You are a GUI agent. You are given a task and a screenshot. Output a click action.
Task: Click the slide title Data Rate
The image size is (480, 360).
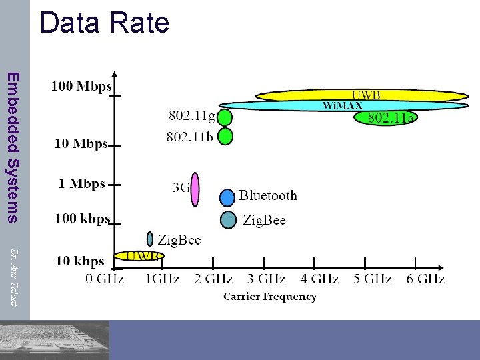pos(105,22)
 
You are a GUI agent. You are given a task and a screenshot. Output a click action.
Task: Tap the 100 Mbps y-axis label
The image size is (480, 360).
pos(81,86)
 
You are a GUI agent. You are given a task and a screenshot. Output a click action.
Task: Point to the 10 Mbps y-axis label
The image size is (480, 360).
pos(81,144)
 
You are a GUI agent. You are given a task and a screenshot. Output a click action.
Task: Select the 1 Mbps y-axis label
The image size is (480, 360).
pos(81,183)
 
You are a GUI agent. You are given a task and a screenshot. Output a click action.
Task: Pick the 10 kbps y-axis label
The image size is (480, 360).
pos(80,261)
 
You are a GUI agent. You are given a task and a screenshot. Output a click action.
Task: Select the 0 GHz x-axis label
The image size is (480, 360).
pos(104,279)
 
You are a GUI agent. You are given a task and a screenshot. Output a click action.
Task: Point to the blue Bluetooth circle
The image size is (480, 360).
pos(228,197)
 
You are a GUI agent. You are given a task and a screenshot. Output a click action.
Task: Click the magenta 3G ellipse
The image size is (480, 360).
pos(195,189)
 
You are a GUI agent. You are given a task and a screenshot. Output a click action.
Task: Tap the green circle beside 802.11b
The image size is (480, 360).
pos(225,137)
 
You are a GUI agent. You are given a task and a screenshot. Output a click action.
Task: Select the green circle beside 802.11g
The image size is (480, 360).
pos(225,117)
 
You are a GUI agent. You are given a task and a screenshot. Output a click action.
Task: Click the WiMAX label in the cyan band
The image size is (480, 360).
pos(343,105)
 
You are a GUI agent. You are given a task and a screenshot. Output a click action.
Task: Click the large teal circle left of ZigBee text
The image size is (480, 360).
pos(228,219)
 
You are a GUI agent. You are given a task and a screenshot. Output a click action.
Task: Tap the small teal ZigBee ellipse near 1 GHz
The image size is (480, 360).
pos(150,239)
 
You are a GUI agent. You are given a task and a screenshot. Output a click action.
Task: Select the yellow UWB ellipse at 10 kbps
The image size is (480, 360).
pos(139,255)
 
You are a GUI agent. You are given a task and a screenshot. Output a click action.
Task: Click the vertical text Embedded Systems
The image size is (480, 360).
pos(13,146)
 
